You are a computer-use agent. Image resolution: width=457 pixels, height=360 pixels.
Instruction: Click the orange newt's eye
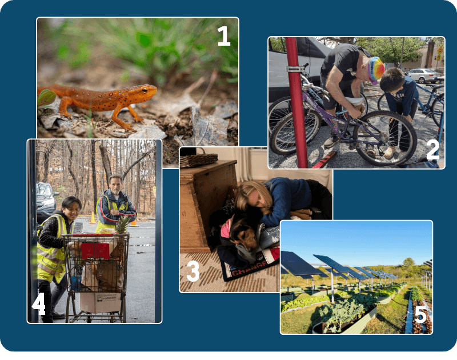point(145,90)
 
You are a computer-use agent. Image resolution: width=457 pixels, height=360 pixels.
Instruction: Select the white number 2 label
point(432,150)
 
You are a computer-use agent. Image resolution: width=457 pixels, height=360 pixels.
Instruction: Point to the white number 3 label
point(193,271)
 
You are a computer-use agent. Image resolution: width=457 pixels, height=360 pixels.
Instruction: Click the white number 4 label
point(38,304)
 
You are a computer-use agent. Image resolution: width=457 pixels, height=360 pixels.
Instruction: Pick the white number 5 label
point(420,315)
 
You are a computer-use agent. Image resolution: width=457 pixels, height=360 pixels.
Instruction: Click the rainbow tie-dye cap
point(375,70)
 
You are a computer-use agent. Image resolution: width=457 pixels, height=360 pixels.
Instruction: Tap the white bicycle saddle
point(355,101)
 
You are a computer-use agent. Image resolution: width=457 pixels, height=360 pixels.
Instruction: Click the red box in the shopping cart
point(95,251)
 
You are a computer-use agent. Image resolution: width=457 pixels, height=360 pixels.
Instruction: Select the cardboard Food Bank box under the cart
point(100,302)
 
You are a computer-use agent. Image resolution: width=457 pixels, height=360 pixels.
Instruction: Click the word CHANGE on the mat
point(249,268)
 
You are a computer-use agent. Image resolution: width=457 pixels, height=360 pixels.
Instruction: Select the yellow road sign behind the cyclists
point(440,51)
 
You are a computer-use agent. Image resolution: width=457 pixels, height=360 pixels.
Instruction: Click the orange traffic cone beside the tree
point(93,218)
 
